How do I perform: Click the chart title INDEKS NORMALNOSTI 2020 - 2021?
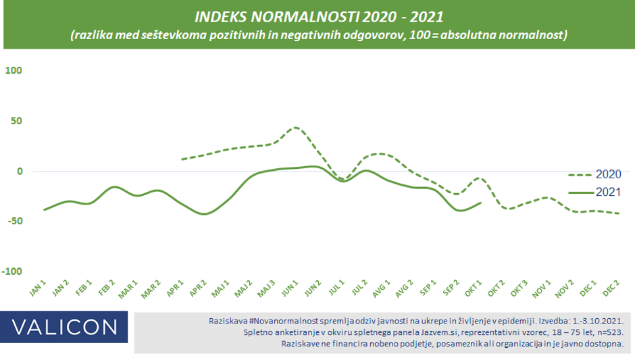(317, 16)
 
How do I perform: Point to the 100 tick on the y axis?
(14, 71)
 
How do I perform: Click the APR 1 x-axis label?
(176, 288)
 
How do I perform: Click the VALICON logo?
(64, 328)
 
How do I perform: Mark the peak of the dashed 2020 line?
(295, 128)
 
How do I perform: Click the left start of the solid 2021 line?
(44, 210)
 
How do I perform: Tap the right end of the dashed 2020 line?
(618, 213)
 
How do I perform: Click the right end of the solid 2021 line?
(481, 203)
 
